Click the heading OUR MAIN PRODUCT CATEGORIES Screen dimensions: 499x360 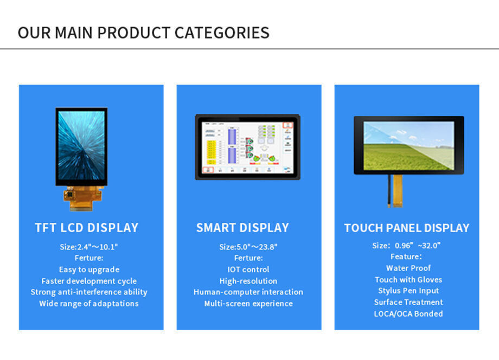[144, 33]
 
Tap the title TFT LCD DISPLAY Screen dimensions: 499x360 [87, 228]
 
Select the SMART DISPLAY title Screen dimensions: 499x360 [242, 228]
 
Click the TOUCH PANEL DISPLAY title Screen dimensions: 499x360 [407, 228]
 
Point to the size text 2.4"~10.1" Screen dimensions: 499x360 [98, 247]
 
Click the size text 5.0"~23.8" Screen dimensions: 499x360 [257, 247]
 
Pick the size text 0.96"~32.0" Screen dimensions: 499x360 [418, 246]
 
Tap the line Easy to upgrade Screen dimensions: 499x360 [89, 269]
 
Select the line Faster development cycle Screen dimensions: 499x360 [89, 281]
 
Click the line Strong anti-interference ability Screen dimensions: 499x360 [89, 292]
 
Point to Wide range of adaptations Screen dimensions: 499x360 [89, 304]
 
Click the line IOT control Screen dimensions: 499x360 [248, 269]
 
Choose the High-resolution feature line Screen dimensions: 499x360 [248, 281]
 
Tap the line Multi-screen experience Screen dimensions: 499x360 [248, 304]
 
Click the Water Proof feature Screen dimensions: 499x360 [408, 268]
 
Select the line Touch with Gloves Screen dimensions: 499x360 [408, 280]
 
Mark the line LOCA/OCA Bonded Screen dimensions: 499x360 [408, 314]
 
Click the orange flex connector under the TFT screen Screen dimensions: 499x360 [84, 198]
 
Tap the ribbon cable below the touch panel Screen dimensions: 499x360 [397, 191]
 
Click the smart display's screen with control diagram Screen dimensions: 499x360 [247, 147]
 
